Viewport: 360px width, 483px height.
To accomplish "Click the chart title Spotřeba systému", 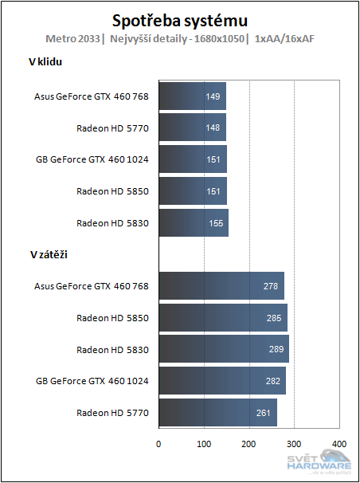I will pos(180,19).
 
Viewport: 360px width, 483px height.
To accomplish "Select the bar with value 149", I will pos(192,96).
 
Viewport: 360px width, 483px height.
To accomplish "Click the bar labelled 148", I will pos(192,128).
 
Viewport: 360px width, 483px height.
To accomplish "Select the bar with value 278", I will pos(221,285).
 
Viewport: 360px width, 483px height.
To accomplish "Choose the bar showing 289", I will pos(224,349).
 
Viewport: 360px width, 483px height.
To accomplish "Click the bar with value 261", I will pos(217,412).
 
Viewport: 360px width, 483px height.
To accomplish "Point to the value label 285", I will pos(272,317).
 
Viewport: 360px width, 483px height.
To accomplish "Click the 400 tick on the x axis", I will pos(339,443).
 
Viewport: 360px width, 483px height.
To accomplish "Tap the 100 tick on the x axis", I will pos(204,443).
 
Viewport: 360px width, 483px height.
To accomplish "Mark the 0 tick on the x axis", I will pos(158,443).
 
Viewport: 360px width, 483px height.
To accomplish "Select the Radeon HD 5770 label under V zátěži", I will pos(112,412).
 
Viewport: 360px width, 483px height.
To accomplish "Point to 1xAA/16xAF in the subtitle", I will pos(284,38).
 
